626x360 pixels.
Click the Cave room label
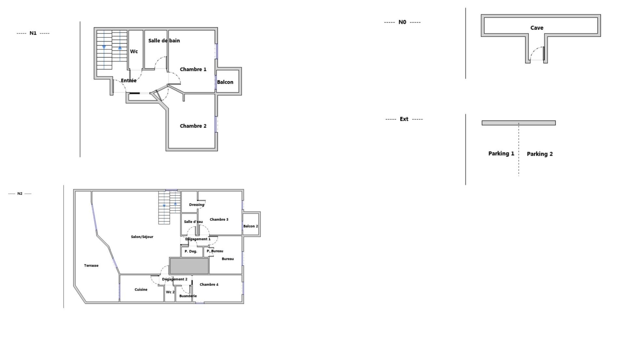[537, 28]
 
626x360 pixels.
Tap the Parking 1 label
[501, 154]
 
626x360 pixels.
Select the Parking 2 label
[540, 154]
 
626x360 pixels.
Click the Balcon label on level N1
[225, 82]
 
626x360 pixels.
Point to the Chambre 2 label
[193, 126]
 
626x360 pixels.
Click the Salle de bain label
[164, 40]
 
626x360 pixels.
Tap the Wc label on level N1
[134, 51]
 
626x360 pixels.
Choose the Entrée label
[128, 81]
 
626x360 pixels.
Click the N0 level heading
[402, 22]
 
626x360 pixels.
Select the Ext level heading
[404, 119]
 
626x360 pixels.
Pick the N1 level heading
[33, 33]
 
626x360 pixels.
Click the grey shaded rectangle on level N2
[189, 266]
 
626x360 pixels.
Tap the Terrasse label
[91, 265]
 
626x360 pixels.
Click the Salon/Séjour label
[142, 237]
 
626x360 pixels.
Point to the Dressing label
[197, 205]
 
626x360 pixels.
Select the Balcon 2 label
[250, 226]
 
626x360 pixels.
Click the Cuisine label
[141, 290]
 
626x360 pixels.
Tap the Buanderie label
[188, 296]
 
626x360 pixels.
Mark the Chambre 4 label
[209, 284]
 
